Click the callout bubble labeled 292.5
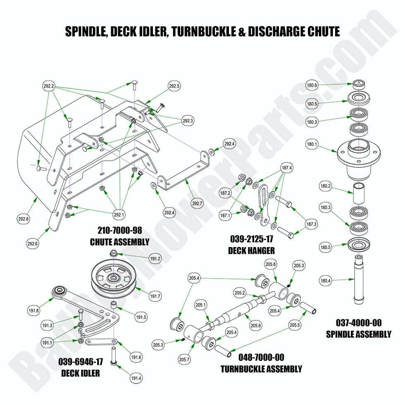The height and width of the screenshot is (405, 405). [x=174, y=86]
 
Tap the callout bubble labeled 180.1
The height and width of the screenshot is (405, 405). [x=312, y=145]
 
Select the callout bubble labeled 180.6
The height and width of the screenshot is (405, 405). [x=312, y=86]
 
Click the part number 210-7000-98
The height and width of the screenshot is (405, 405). [x=119, y=231]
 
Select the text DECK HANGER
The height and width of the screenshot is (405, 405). [x=251, y=250]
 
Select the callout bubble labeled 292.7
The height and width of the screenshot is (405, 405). [x=198, y=203]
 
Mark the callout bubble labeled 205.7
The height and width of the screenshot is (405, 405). [x=185, y=360]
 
